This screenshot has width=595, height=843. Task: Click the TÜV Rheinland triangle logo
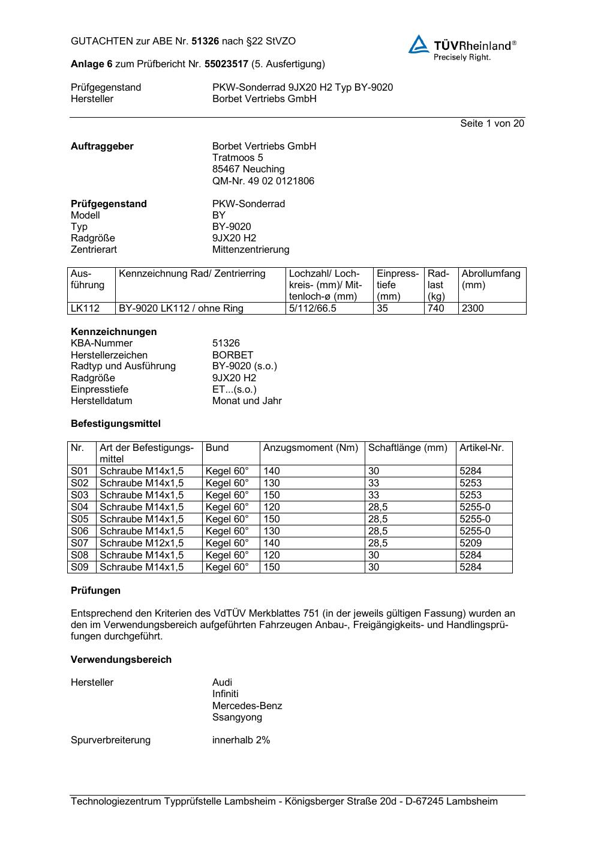tap(419, 44)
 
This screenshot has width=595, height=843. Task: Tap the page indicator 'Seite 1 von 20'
tap(492, 124)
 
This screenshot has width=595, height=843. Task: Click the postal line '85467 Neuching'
tap(248, 169)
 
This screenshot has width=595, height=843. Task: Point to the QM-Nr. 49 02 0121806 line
tap(263, 181)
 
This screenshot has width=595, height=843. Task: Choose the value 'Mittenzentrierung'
tap(250, 250)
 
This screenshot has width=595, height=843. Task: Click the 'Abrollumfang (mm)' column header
tap(491, 279)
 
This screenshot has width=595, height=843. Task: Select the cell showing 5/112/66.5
tap(312, 309)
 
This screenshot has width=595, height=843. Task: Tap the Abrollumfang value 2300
tap(473, 309)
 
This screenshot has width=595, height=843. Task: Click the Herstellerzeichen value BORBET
tap(232, 355)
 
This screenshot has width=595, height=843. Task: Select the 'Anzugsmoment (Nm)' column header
tap(311, 448)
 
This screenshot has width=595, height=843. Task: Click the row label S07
tap(80, 543)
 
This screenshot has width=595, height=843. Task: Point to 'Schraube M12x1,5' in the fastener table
tap(142, 543)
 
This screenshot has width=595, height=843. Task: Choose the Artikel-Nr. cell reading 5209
tap(470, 543)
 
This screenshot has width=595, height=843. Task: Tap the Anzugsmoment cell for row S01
tap(272, 471)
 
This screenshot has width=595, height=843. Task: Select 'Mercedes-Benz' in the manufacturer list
tap(247, 706)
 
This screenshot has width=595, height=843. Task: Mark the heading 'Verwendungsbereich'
tap(121, 660)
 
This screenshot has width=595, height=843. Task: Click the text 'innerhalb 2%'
tap(241, 740)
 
